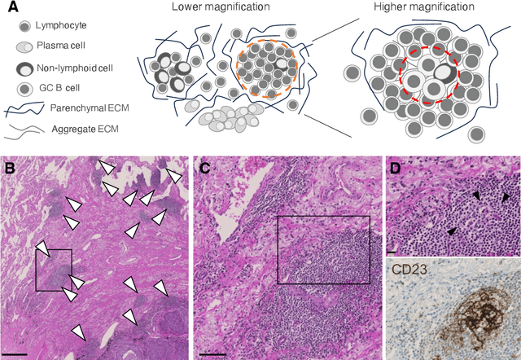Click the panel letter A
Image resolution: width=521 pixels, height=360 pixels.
pos(9,7)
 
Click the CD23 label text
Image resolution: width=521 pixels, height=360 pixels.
pos(412,269)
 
